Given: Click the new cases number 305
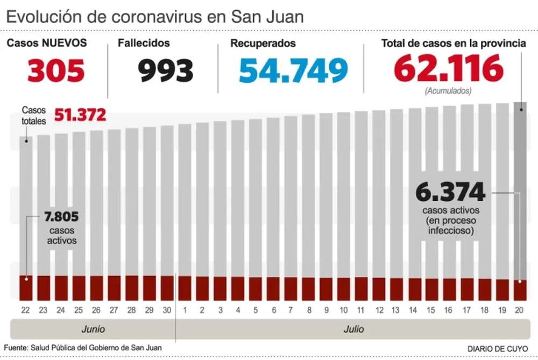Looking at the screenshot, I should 56,70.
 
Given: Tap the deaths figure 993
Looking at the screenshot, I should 166,70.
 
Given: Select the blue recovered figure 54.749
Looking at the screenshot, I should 293,70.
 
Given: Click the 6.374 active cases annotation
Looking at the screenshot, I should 450,192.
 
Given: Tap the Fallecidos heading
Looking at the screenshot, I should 144,43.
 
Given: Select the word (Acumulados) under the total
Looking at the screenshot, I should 448,91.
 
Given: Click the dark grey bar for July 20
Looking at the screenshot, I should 520,188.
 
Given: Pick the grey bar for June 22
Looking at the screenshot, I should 26,204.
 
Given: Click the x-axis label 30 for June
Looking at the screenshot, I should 167,310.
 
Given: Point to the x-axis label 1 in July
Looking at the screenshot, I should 185,310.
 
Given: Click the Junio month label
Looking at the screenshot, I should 93,329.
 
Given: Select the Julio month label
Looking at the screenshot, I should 353,329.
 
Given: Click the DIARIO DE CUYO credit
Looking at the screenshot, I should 497,349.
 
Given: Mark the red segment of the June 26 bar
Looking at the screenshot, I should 97,288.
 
